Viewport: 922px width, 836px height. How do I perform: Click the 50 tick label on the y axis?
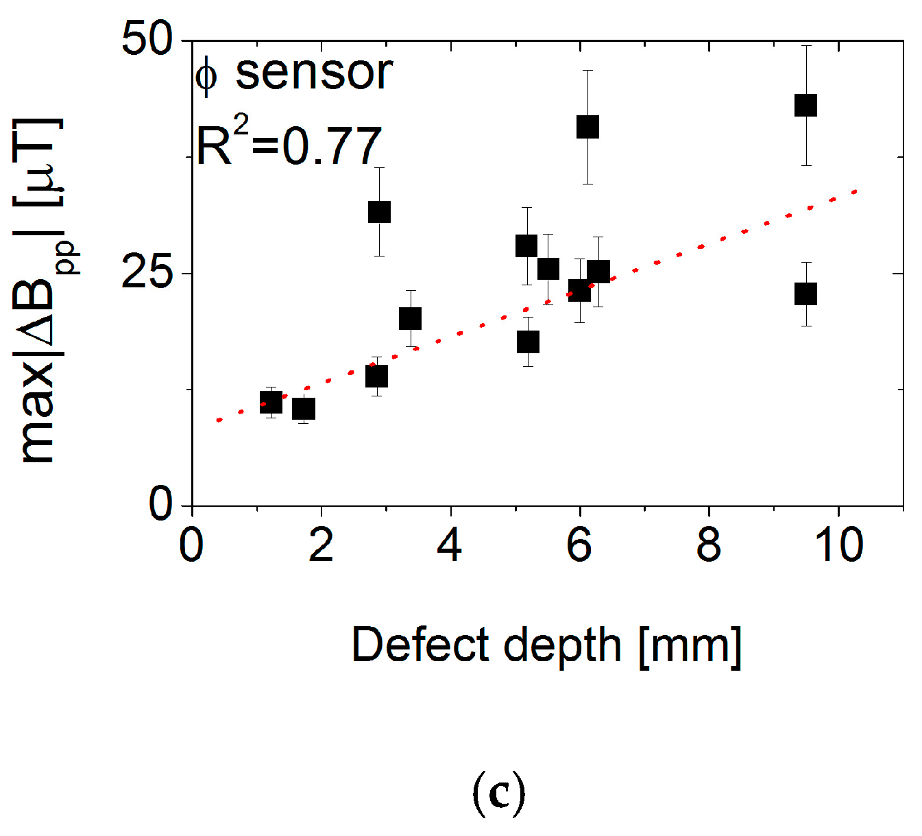[x=147, y=39]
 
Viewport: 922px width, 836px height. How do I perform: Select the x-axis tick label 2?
[x=321, y=545]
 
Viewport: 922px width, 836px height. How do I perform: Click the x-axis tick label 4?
[x=450, y=545]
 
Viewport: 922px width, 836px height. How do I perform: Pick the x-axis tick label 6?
[x=579, y=545]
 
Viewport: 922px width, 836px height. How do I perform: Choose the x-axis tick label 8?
[x=708, y=545]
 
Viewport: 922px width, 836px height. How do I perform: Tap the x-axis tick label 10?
[x=838, y=545]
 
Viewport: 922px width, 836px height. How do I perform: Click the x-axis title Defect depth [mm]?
[x=546, y=645]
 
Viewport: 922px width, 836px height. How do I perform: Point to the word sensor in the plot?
[x=314, y=73]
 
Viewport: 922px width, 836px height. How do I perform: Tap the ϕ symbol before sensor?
[x=206, y=75]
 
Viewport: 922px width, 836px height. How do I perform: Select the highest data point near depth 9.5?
[x=805, y=106]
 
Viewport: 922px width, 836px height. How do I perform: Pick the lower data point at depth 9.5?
[x=805, y=294]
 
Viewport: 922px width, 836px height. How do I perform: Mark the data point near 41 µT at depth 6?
[x=587, y=127]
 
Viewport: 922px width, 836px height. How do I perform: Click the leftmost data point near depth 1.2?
[x=271, y=403]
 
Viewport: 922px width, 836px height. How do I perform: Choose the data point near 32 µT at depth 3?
[x=379, y=212]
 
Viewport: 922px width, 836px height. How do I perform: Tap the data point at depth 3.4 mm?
[x=410, y=318]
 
